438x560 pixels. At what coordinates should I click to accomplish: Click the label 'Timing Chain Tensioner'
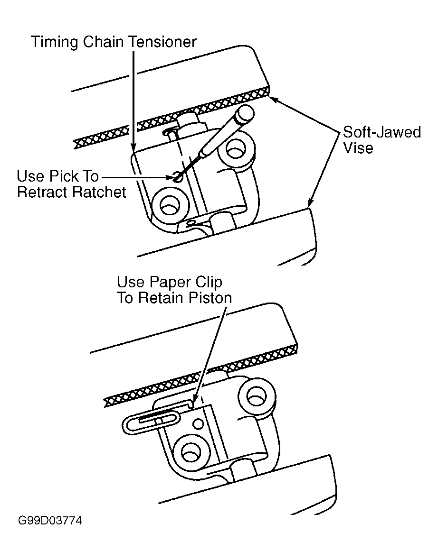coord(114,42)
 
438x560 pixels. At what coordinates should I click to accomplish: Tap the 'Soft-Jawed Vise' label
coord(382,140)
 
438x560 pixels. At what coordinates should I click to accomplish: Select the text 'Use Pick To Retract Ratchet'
coord(72,184)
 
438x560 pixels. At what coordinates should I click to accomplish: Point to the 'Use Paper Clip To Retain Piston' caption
coord(174,290)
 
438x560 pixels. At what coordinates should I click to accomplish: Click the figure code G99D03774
coord(50,520)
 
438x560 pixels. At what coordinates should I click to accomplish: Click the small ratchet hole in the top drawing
coord(177,176)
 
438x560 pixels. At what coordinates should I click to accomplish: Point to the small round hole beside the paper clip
coord(198,424)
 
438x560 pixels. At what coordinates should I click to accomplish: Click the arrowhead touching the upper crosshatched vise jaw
coord(274,99)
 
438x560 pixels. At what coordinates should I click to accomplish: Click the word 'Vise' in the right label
coord(358,148)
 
